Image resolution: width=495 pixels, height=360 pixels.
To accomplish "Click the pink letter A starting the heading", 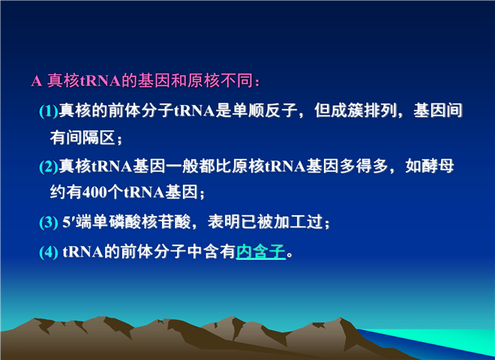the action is coord(36,81).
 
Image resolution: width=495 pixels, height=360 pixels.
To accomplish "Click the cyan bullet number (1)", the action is coord(49,111).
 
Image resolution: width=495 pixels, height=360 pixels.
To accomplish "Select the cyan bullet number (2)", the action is coord(49,166).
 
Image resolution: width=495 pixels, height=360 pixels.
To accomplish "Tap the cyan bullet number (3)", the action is coord(49,222).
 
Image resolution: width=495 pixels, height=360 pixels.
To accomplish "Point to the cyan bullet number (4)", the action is coord(49,252).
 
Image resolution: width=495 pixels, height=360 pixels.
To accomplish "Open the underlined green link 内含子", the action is coord(261,252).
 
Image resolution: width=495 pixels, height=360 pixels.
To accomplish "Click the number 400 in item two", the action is coord(94,192).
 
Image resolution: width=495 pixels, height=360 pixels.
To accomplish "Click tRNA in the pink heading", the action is coord(100,81).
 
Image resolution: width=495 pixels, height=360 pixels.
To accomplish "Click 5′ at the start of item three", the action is coord(68,222).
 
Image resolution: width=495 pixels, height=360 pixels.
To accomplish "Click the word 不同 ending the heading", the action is coord(237,80).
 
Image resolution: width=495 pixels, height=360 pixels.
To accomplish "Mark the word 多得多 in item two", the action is coord(363,166).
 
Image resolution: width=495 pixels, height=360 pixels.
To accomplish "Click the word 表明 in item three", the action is coord(224,222).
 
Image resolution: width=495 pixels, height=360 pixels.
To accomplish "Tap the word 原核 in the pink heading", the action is coord(204,80).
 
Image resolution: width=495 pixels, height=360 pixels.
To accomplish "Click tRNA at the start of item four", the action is coord(83,252).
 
